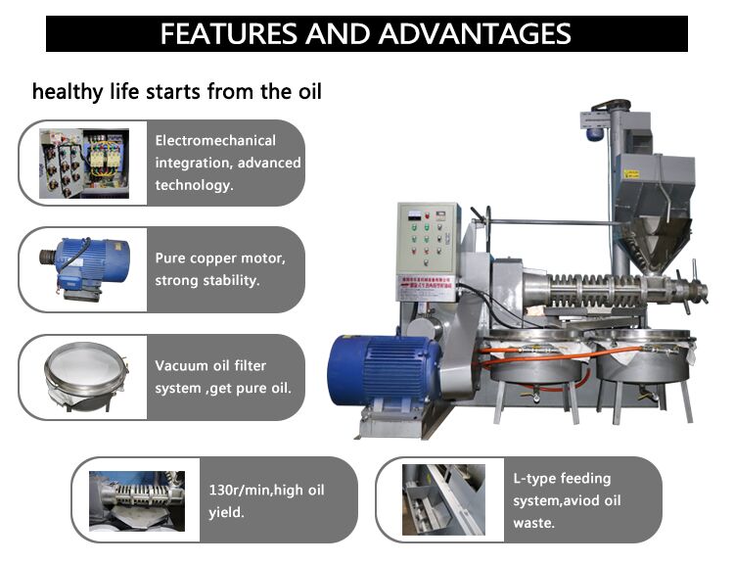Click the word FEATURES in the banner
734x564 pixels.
229,33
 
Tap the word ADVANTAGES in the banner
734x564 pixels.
475,33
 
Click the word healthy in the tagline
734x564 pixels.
68,92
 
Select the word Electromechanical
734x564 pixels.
215,141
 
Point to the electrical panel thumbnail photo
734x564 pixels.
84,164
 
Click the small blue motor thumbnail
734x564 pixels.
84,269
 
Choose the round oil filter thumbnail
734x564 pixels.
86,377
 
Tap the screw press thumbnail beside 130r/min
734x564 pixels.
137,501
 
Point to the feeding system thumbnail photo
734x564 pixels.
443,499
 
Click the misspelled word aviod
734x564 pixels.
581,500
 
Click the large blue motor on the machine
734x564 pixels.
384,370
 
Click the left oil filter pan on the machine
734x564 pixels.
537,356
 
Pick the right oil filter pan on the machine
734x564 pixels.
645,355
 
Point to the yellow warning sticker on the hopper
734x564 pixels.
632,174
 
